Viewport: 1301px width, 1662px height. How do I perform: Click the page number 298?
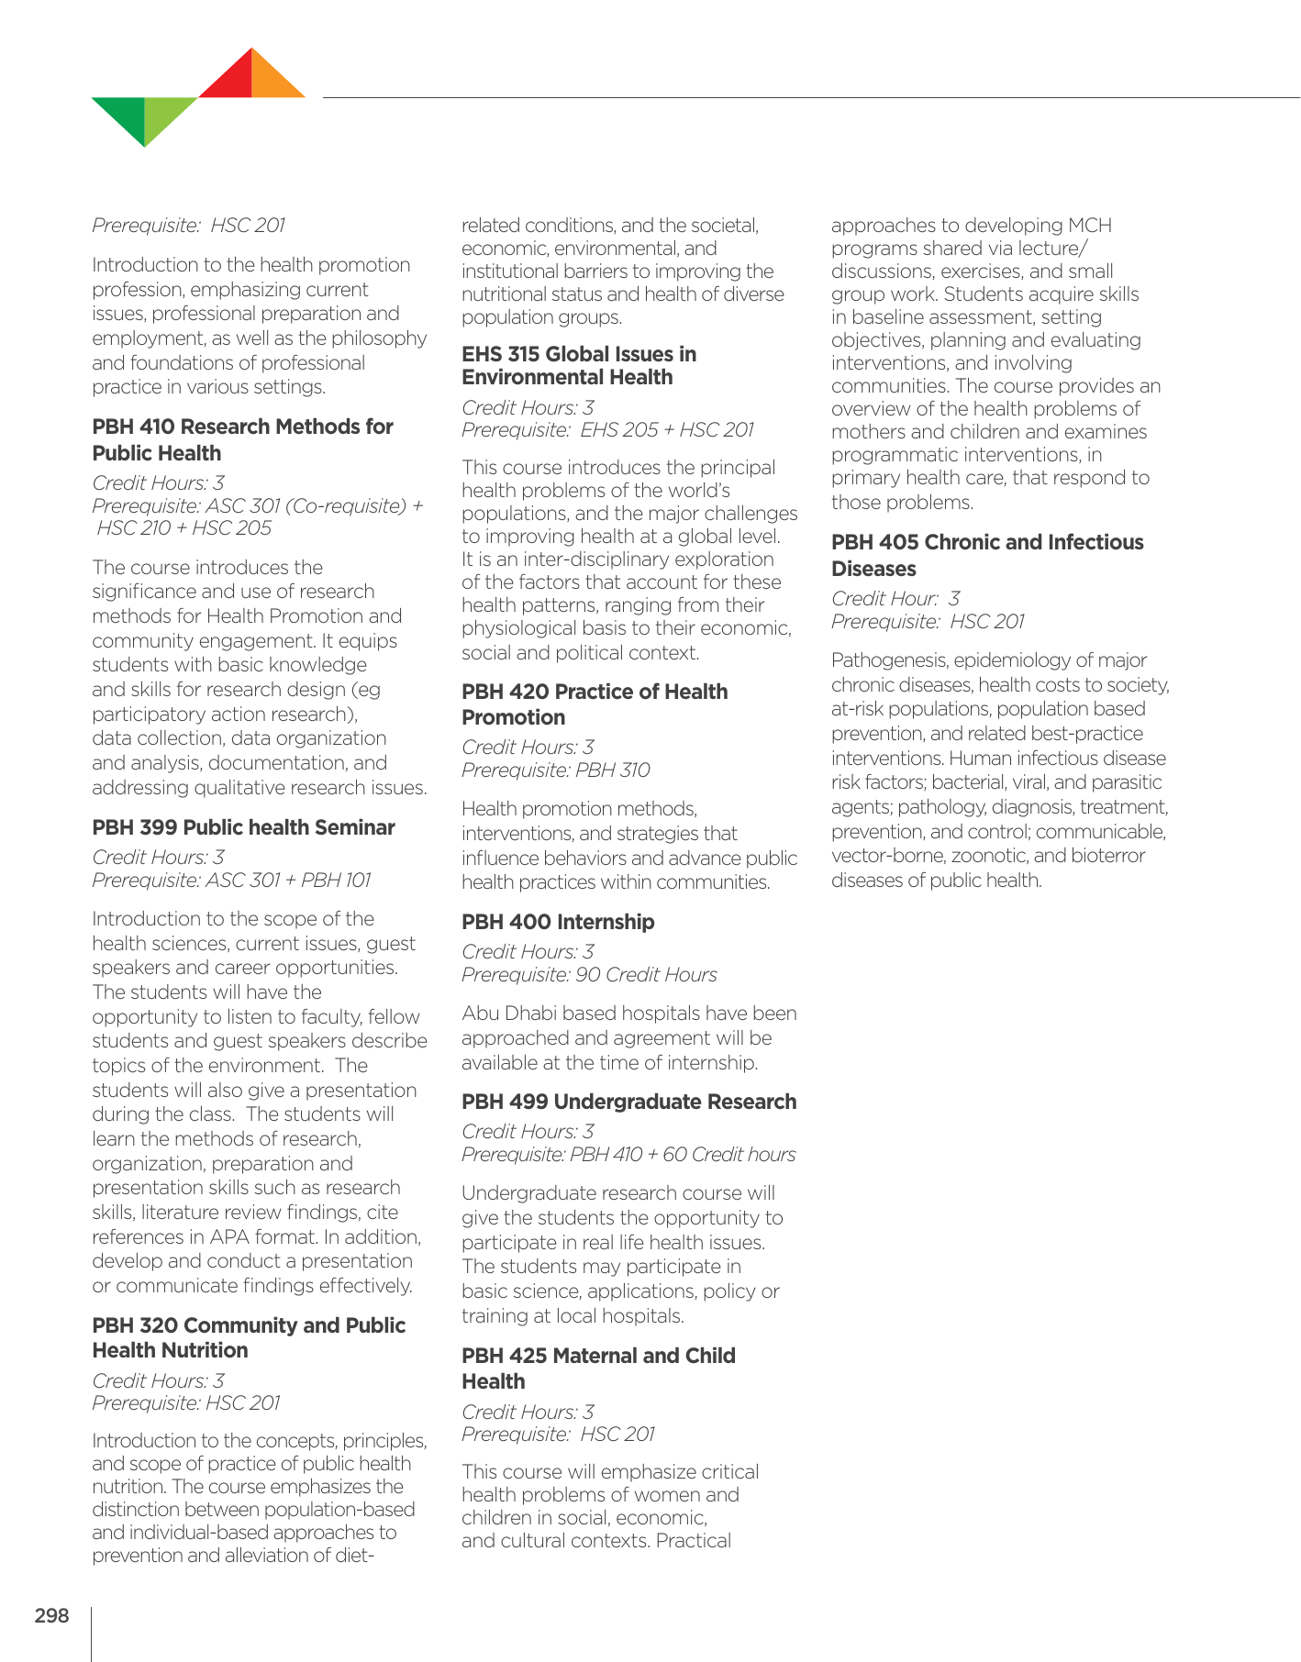tap(51, 1615)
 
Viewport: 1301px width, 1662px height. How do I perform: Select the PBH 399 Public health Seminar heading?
tap(243, 827)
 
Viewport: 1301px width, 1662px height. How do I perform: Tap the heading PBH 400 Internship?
tap(558, 922)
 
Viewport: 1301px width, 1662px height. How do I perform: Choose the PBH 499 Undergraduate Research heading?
tap(628, 1102)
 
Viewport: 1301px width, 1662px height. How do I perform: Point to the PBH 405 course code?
tap(874, 542)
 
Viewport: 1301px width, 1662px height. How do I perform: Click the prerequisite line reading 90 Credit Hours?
tap(589, 975)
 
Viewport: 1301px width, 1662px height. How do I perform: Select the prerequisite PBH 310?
tap(612, 770)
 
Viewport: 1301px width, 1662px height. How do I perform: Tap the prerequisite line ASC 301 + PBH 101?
tap(231, 881)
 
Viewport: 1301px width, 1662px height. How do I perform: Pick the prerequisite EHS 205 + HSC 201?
tap(607, 430)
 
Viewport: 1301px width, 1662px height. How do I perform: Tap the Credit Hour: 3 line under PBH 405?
tap(895, 599)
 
